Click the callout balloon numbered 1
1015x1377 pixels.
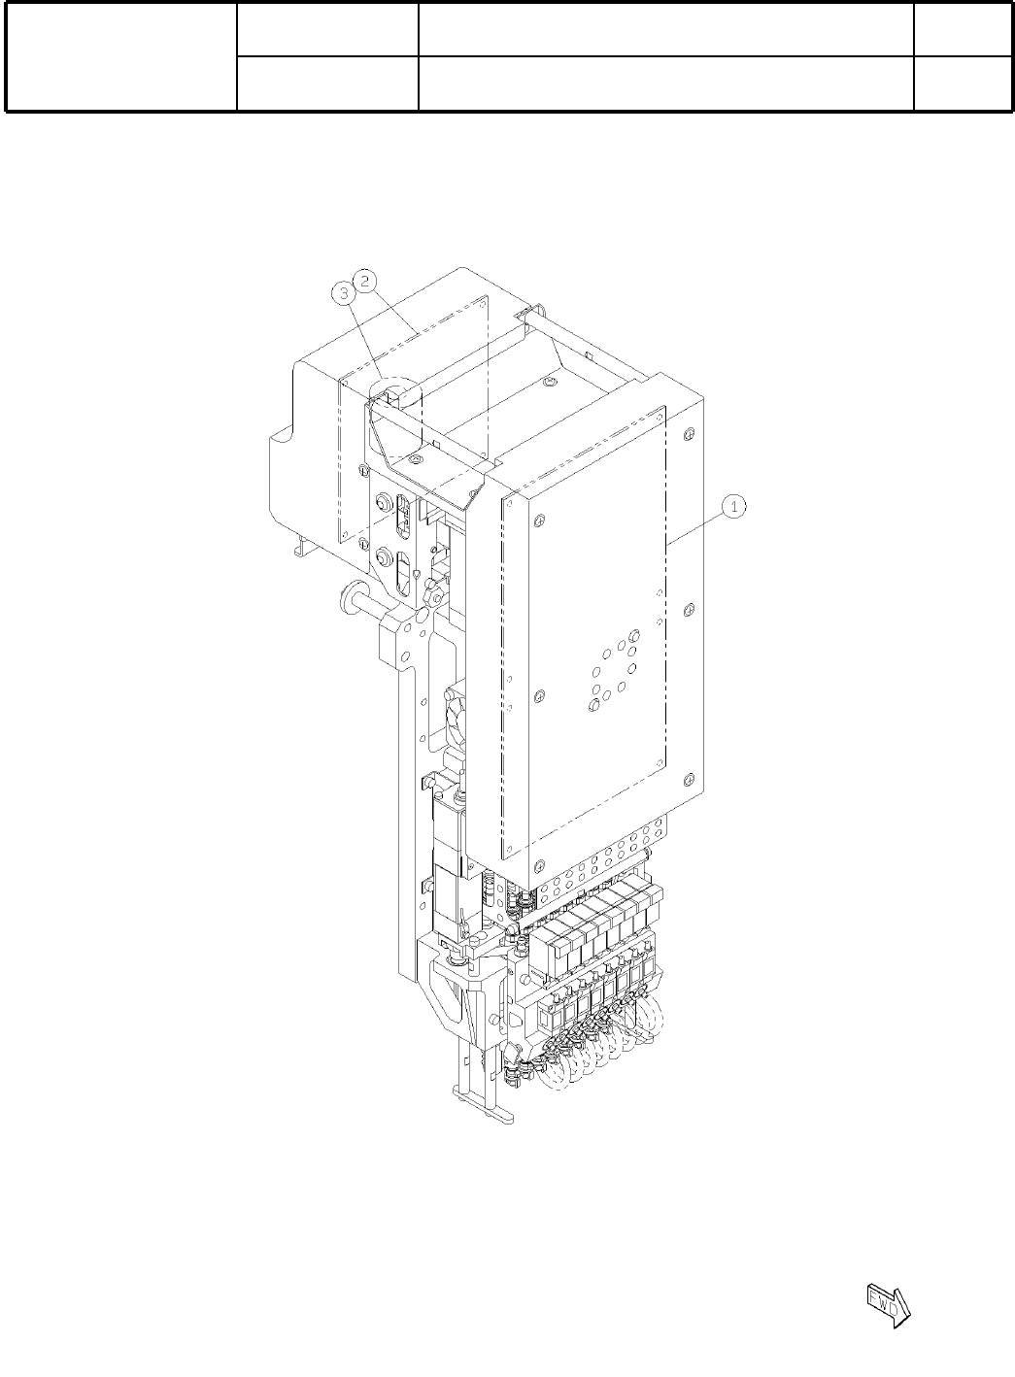point(733,507)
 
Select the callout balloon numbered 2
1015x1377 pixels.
point(365,281)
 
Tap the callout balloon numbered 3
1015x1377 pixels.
point(344,293)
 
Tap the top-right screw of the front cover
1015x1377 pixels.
point(689,433)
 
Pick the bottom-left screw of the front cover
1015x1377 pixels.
point(539,865)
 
